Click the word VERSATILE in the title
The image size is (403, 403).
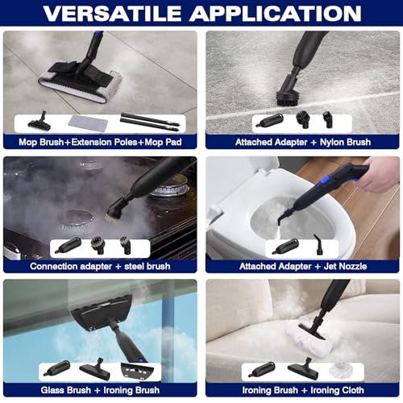[x=112, y=13]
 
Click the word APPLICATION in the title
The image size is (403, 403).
[x=276, y=13]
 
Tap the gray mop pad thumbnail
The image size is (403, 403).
[x=89, y=123]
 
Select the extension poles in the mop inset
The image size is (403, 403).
[x=150, y=122]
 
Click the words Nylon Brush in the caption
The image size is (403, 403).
[x=345, y=142]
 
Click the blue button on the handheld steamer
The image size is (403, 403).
[x=321, y=185]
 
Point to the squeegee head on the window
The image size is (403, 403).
[x=102, y=311]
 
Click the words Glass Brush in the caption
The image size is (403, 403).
[x=66, y=390]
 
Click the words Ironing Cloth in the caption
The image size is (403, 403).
[x=337, y=390]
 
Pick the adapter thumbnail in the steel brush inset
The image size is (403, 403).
[x=69, y=245]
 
